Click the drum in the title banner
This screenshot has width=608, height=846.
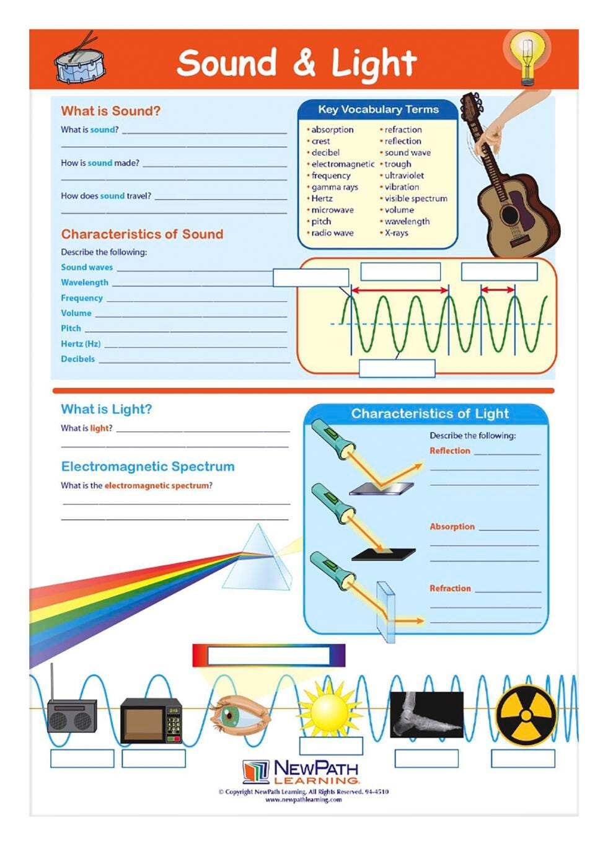(79, 63)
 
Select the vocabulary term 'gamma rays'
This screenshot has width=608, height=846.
(335, 187)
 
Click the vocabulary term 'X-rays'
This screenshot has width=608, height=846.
(396, 233)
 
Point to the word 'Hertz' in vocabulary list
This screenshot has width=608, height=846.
(322, 198)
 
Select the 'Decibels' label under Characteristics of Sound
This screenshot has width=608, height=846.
(77, 359)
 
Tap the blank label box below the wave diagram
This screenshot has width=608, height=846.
(397, 368)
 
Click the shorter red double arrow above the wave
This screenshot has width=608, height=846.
(498, 289)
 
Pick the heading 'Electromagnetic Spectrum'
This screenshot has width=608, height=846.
(148, 467)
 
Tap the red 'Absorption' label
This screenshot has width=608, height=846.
(452, 527)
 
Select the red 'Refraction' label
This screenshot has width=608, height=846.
(450, 588)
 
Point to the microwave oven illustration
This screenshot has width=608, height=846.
(151, 720)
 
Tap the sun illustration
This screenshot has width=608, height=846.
(329, 710)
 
